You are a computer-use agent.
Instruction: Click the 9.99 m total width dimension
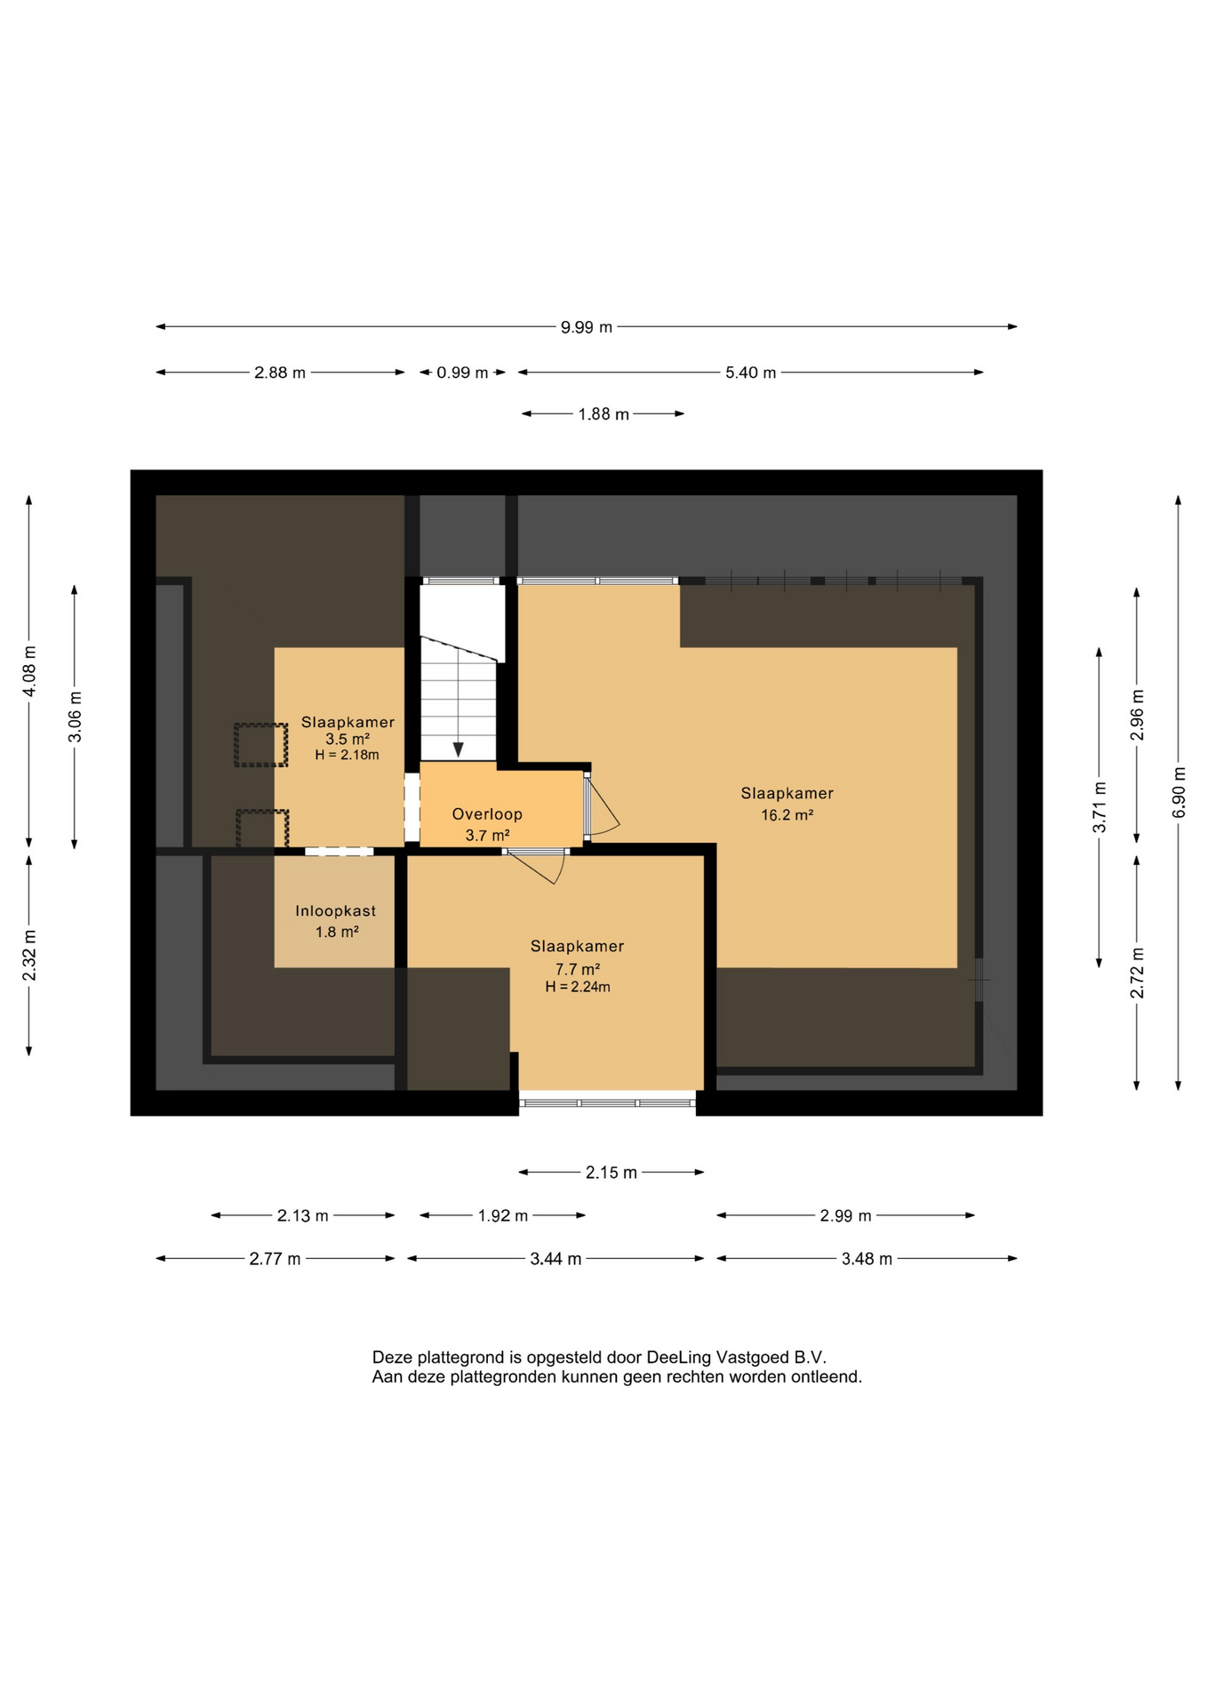coord(586,327)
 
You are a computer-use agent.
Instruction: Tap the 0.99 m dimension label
coord(462,373)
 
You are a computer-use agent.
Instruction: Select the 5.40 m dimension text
coord(750,373)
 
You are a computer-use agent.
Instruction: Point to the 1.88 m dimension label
coord(603,414)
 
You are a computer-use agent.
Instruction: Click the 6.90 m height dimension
coord(1179,792)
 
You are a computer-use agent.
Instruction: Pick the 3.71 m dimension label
coord(1099,807)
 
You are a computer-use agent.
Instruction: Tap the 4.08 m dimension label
coord(29,670)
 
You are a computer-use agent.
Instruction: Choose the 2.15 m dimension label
coord(611,1173)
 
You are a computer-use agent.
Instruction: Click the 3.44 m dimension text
coord(556,1259)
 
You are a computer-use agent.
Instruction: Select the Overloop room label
coord(487,813)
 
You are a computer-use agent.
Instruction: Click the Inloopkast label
coord(335,911)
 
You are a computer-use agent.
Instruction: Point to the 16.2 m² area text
coord(787,814)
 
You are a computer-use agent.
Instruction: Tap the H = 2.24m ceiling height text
coord(578,987)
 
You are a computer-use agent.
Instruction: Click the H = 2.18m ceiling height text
coord(347,755)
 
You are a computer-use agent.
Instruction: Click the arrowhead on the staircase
coord(458,750)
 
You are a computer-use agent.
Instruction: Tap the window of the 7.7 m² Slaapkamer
coord(608,1103)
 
